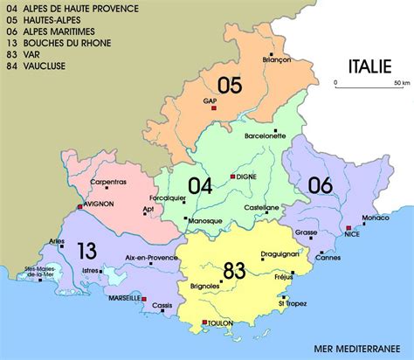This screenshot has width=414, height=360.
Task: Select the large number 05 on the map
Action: [x=229, y=84]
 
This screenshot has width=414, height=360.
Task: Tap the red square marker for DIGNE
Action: [x=232, y=176]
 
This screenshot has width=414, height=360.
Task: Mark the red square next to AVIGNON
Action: [x=80, y=206]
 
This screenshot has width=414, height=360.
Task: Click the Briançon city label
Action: [x=275, y=59]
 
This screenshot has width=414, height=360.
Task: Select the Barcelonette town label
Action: [x=266, y=136]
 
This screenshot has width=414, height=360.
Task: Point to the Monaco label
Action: [x=375, y=216]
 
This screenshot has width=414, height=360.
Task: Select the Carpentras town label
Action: [x=108, y=182]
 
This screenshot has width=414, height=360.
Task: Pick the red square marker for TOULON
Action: [x=204, y=322]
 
